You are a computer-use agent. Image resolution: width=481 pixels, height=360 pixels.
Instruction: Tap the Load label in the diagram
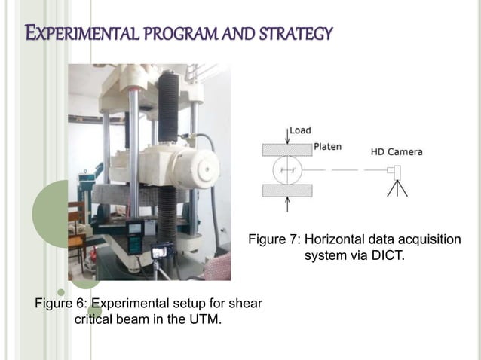point(301,130)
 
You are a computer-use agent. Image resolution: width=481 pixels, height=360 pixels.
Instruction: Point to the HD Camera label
point(396,151)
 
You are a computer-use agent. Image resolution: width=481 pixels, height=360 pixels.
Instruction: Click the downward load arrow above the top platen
point(287,136)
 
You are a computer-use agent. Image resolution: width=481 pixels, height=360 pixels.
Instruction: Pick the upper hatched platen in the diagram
point(287,149)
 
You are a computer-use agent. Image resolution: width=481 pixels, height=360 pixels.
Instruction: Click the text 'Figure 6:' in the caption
point(61,304)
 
